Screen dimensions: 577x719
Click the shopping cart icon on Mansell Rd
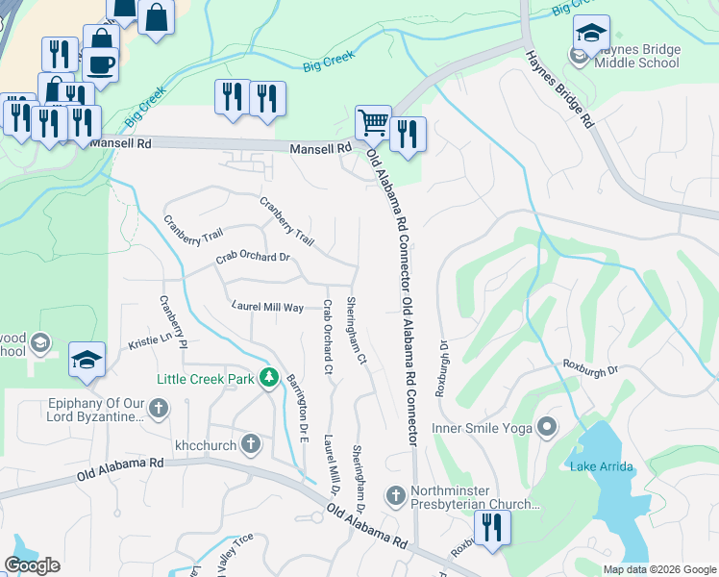point(373,123)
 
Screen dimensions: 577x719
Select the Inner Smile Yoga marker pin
point(548,426)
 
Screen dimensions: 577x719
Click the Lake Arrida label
point(596,467)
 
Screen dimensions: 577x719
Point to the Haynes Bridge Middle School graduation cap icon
point(591,33)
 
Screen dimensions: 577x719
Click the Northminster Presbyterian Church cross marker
point(394,496)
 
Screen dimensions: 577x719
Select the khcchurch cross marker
point(251,444)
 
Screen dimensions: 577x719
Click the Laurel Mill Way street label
point(267,307)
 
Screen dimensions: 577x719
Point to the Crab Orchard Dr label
point(253,258)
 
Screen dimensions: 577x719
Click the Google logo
point(33,565)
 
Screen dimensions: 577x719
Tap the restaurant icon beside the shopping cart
point(409,136)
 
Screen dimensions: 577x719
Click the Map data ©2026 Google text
point(659,568)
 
